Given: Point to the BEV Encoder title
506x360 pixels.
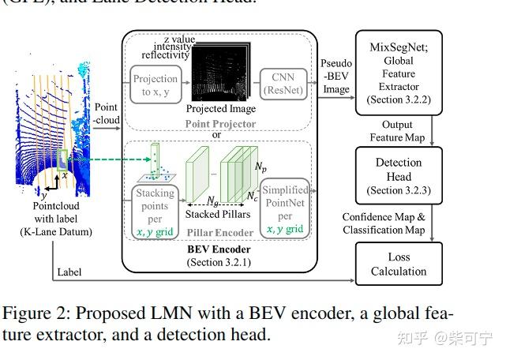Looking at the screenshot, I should click(x=219, y=250).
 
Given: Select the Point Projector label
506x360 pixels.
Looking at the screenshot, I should click(x=220, y=125).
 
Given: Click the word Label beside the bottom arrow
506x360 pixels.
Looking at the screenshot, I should click(x=69, y=272).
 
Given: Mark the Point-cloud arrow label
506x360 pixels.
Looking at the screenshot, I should click(x=107, y=114).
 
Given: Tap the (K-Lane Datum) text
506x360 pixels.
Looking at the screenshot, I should click(x=55, y=231).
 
